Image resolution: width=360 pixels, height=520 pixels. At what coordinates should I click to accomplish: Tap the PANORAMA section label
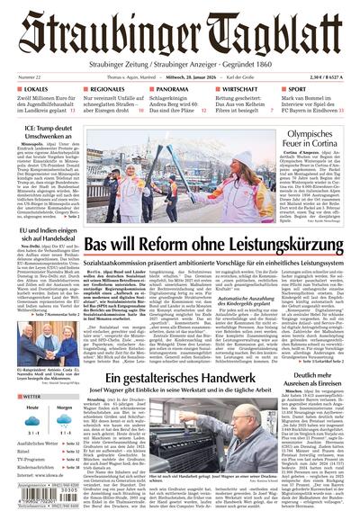[x=171, y=90]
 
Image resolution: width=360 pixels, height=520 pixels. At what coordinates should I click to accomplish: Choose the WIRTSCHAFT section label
[x=243, y=90]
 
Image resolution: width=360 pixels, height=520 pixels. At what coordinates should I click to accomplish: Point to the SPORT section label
[x=302, y=90]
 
